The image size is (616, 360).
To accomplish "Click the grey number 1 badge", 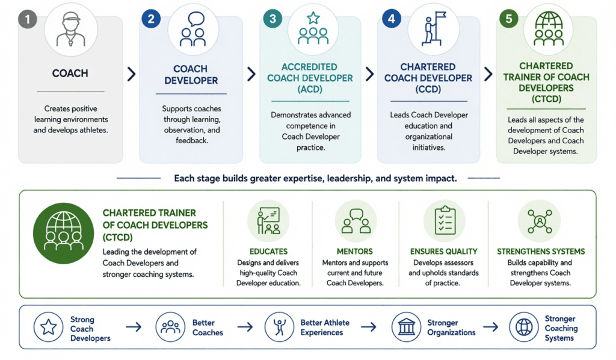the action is coord(28,19).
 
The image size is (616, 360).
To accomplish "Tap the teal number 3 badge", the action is coord(273,19).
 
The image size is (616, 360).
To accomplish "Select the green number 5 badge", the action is coord(509,19).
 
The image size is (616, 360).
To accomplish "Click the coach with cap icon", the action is coord(71,29).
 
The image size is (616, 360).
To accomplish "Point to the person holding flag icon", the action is coord(434,28).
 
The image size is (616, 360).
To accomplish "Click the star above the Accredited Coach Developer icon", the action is coord(313,17).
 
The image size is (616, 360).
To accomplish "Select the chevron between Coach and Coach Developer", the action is coord(132,74).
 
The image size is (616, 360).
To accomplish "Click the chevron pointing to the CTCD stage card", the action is coord(488,74).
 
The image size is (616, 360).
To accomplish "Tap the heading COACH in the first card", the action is coord(70,73).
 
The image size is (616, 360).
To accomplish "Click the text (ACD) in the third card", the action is coord(310,89).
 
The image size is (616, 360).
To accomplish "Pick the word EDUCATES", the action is coord(269,252).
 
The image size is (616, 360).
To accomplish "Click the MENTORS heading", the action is coord(355,252).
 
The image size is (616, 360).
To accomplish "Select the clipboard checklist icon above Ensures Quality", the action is coord(445,220).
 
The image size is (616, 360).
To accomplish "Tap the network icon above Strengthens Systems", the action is coord(540,222).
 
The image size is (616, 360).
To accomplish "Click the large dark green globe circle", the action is coord(64,233).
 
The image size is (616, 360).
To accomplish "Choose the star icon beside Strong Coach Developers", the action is coord(48,327).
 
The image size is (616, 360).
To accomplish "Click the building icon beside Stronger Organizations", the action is coord(406,327).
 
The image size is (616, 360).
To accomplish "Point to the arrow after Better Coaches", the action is coord(245,327).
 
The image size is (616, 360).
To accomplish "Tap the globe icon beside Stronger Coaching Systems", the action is coord(524,327).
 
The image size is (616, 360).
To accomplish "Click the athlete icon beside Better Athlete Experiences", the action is coord(279,327).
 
